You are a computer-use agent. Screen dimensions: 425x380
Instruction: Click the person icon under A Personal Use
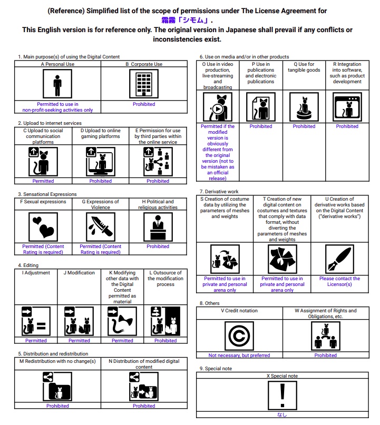click(x=57, y=84)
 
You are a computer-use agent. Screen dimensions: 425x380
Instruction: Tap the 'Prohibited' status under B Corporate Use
click(x=144, y=104)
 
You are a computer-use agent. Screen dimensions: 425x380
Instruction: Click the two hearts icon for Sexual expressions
click(x=43, y=228)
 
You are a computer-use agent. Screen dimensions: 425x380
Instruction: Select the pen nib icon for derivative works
click(x=339, y=259)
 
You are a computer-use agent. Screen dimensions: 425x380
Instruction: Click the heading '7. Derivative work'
click(x=219, y=192)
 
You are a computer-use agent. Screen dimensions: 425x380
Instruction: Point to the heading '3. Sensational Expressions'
click(x=47, y=194)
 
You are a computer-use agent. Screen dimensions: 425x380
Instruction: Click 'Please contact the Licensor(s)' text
click(x=339, y=281)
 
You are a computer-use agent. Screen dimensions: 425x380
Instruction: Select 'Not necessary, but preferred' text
click(x=239, y=355)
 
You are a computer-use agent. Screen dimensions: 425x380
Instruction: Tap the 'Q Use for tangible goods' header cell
click(x=304, y=67)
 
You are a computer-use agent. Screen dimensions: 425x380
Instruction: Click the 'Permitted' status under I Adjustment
click(x=36, y=341)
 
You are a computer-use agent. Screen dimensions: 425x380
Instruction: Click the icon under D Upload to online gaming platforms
click(x=100, y=161)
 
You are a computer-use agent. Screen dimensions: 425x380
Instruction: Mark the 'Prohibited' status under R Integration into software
click(x=347, y=126)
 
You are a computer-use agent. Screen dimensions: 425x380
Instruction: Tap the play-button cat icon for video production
click(x=218, y=107)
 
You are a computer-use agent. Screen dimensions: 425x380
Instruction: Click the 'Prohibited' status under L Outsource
click(x=165, y=341)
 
